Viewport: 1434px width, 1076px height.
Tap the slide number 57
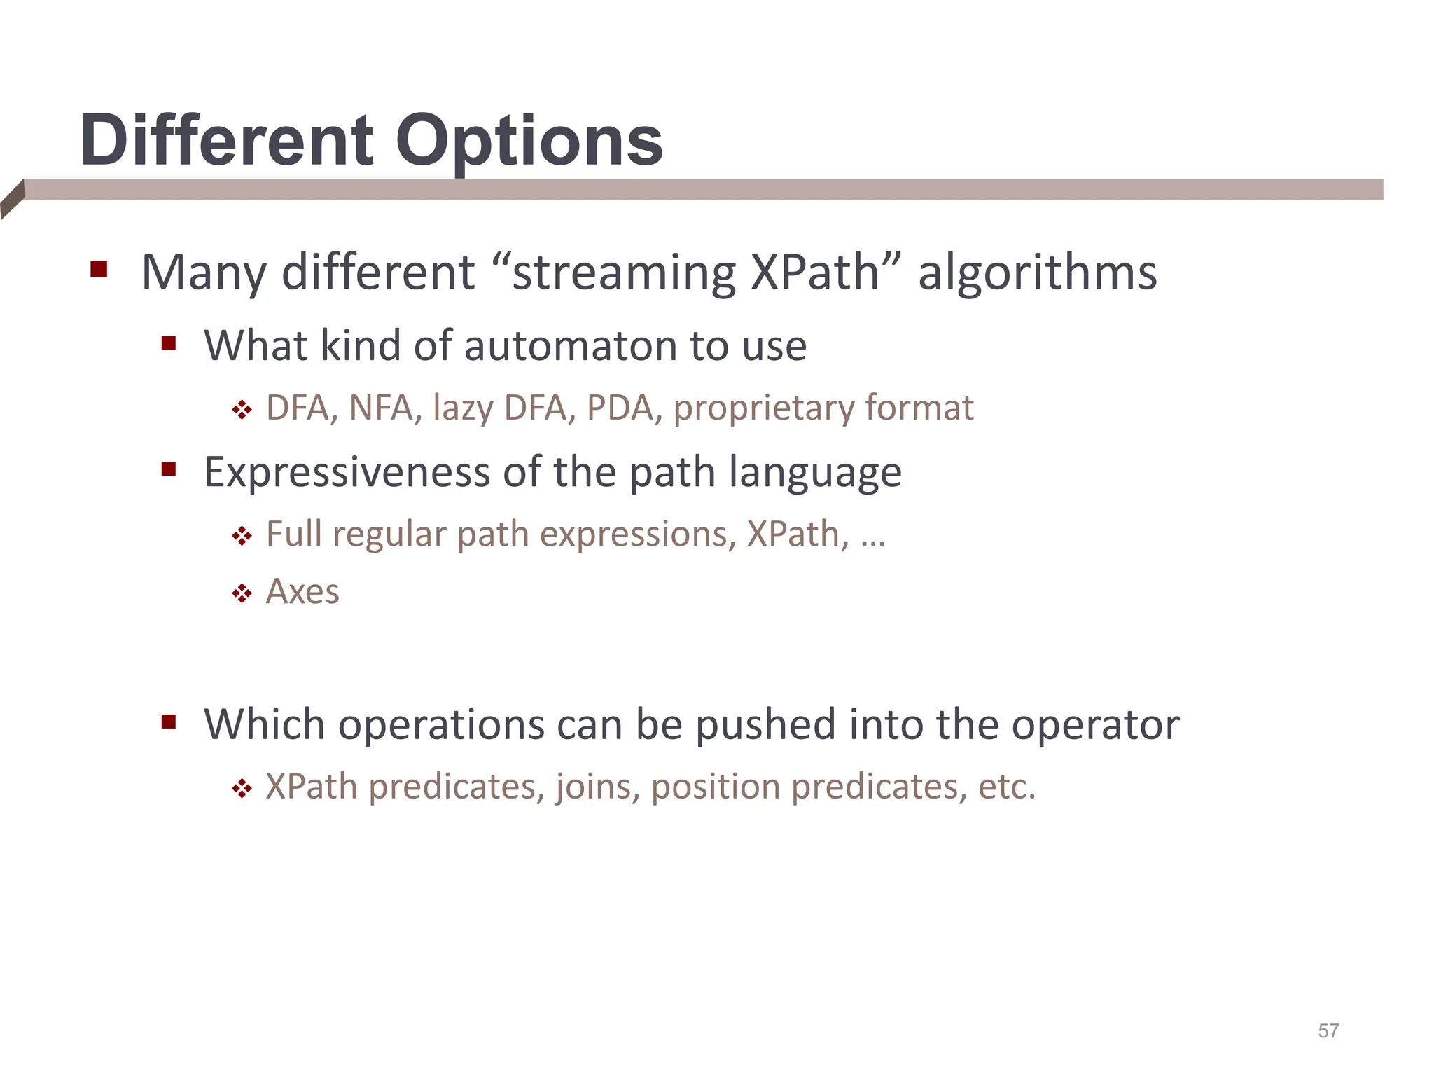pos(1328,1030)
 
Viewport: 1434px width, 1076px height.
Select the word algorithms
pos(1037,273)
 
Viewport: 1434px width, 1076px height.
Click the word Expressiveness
pos(347,472)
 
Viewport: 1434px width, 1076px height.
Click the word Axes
pos(302,592)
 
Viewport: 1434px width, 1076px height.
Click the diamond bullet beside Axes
pos(242,594)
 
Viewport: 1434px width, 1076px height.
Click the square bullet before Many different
pos(99,270)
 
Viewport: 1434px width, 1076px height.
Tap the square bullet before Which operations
pos(168,722)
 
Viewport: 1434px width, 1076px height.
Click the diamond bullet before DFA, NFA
pos(242,410)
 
